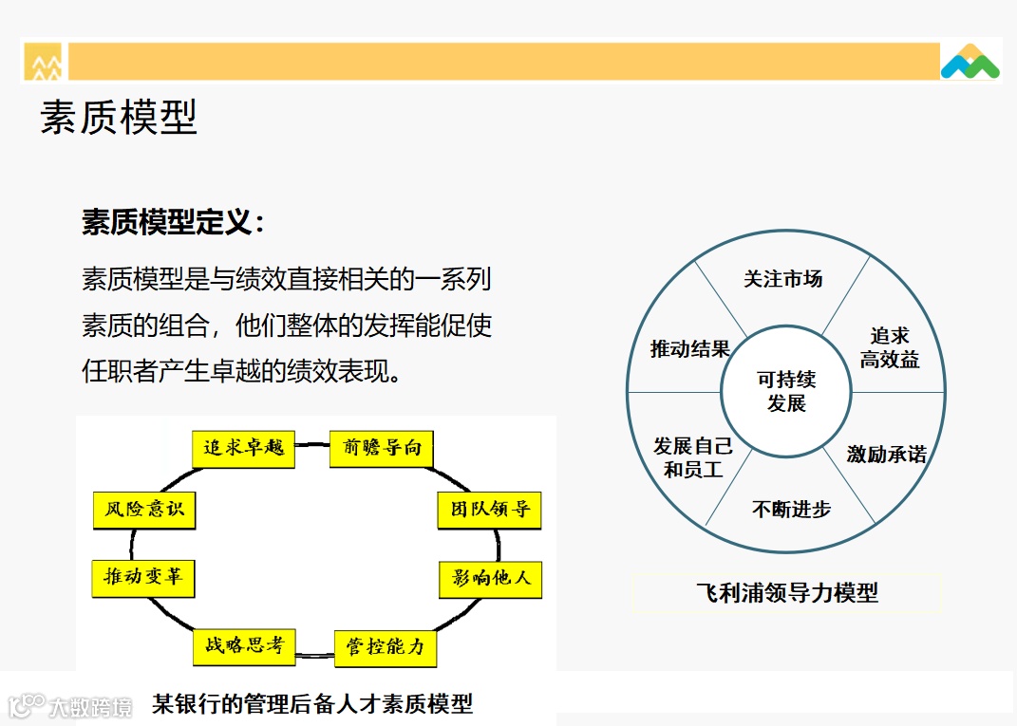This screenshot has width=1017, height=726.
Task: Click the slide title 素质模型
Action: coord(119,119)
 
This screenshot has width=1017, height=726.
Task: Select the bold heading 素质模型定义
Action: coord(172,223)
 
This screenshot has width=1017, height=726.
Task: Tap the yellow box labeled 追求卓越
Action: coord(243,448)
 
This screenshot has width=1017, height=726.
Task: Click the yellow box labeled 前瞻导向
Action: coord(382,448)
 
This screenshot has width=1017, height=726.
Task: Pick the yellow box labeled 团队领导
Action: coord(490,510)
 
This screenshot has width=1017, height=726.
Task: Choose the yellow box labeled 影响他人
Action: coord(491,577)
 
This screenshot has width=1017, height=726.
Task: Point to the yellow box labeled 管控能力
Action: coord(386,647)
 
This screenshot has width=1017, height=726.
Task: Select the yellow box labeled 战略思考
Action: coord(244,645)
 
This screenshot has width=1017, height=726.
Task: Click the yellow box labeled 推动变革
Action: coord(142,577)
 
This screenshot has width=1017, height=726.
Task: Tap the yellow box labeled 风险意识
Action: coord(143,510)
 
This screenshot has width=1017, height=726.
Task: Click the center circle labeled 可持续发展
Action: coord(786,391)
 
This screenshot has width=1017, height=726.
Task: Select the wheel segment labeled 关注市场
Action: coord(783,279)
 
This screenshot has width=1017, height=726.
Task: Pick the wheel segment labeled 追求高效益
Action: coord(890,347)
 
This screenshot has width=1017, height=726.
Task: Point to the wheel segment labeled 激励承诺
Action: coord(886,455)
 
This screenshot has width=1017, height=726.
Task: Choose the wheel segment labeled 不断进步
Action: coord(791,510)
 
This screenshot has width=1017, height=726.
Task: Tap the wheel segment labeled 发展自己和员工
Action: coord(692,457)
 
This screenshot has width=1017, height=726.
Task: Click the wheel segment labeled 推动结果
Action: coord(690,348)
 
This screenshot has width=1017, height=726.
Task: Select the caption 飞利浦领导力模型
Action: coord(786,593)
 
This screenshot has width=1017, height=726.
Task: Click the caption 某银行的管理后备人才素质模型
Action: coord(312,704)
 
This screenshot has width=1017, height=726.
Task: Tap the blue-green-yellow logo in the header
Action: coord(970,62)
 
